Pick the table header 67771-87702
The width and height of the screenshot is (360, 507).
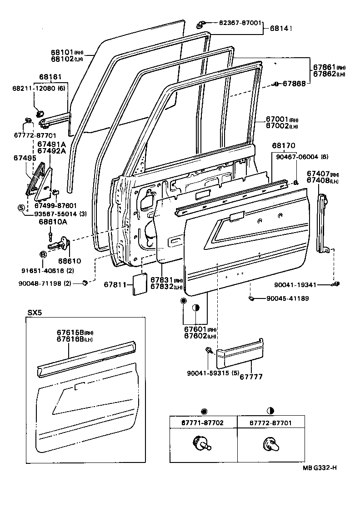pyautogui.click(x=204, y=422)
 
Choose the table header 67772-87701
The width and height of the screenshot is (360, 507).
pyautogui.click(x=270, y=422)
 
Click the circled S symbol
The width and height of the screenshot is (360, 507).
pyautogui.click(x=20, y=208)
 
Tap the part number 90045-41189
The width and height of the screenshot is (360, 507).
pyautogui.click(x=288, y=298)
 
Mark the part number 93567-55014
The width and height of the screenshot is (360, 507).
pyautogui.click(x=55, y=214)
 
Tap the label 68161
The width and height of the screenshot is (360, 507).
pyautogui.click(x=50, y=77)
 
